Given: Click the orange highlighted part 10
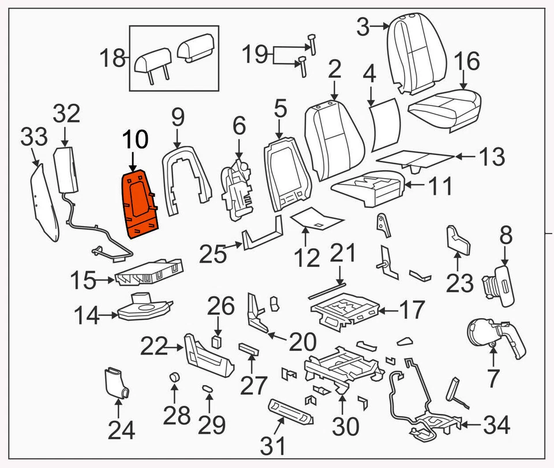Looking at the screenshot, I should click(x=140, y=203).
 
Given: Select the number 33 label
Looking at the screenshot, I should click(x=35, y=138).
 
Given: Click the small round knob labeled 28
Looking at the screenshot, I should click(x=174, y=378).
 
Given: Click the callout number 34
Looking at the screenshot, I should click(x=496, y=426).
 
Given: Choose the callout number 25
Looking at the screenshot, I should click(x=214, y=253).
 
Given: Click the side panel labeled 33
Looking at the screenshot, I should click(x=44, y=202).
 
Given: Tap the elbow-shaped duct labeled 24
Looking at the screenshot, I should click(x=116, y=383).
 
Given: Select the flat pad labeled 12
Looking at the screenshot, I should click(x=316, y=218).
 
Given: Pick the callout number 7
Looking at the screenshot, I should click(x=492, y=379).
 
